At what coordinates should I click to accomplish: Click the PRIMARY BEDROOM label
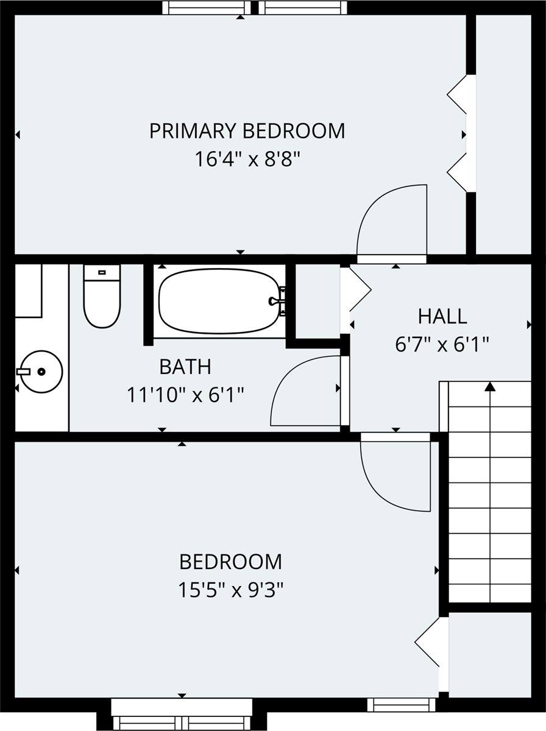point(247,131)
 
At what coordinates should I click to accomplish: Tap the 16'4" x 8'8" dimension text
point(247,160)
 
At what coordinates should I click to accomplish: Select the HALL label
point(442,316)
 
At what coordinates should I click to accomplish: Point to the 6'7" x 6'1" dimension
point(442,345)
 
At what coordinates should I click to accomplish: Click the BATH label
point(185,367)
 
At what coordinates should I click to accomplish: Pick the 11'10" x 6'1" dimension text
point(185,395)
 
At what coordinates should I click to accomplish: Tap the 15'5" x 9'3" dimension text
point(232,590)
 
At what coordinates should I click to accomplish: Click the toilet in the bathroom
point(102,297)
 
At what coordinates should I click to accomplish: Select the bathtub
point(219,301)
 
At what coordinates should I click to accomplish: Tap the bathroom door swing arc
point(305,390)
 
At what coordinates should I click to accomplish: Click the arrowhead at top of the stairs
point(490,386)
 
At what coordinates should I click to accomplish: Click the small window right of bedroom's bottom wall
point(402,705)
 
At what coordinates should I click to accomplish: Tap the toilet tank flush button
point(102,272)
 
